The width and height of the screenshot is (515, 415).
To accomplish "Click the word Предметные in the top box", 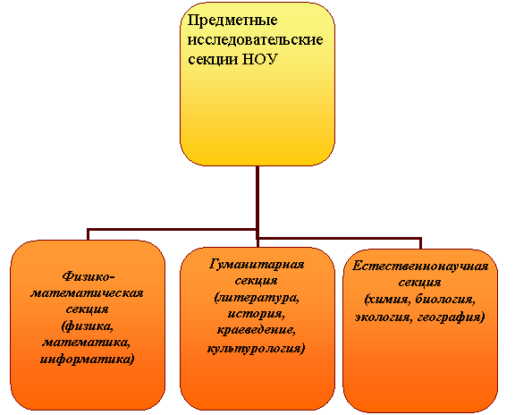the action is tap(232, 21).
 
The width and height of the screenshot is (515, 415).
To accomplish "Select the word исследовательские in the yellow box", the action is tap(255, 39).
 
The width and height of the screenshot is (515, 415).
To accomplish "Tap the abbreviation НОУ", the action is tap(260, 59).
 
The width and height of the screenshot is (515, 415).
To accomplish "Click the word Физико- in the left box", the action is tap(89, 276).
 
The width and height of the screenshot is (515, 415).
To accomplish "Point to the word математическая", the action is tap(87, 292).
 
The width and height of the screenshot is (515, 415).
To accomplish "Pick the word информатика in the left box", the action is tap(86, 359).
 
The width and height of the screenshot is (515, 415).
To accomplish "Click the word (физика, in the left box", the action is tap(88, 326).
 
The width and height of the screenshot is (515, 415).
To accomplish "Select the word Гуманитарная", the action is tap(257, 265).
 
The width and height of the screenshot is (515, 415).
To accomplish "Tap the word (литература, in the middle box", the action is tap(257, 298).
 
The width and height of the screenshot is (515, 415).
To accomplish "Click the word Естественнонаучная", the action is tap(420, 267).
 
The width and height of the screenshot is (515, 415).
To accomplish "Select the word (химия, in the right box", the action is tap(388, 300).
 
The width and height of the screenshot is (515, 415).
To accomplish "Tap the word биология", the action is tap(445, 300).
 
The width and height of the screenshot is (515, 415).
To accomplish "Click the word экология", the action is tap(384, 318).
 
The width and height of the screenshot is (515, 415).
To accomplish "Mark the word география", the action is tap(450, 318).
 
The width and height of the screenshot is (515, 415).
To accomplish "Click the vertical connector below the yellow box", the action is tap(257, 201).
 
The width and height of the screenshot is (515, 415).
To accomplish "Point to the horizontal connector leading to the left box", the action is tap(172, 229).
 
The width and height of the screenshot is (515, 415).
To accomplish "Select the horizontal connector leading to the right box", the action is tap(339, 238).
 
